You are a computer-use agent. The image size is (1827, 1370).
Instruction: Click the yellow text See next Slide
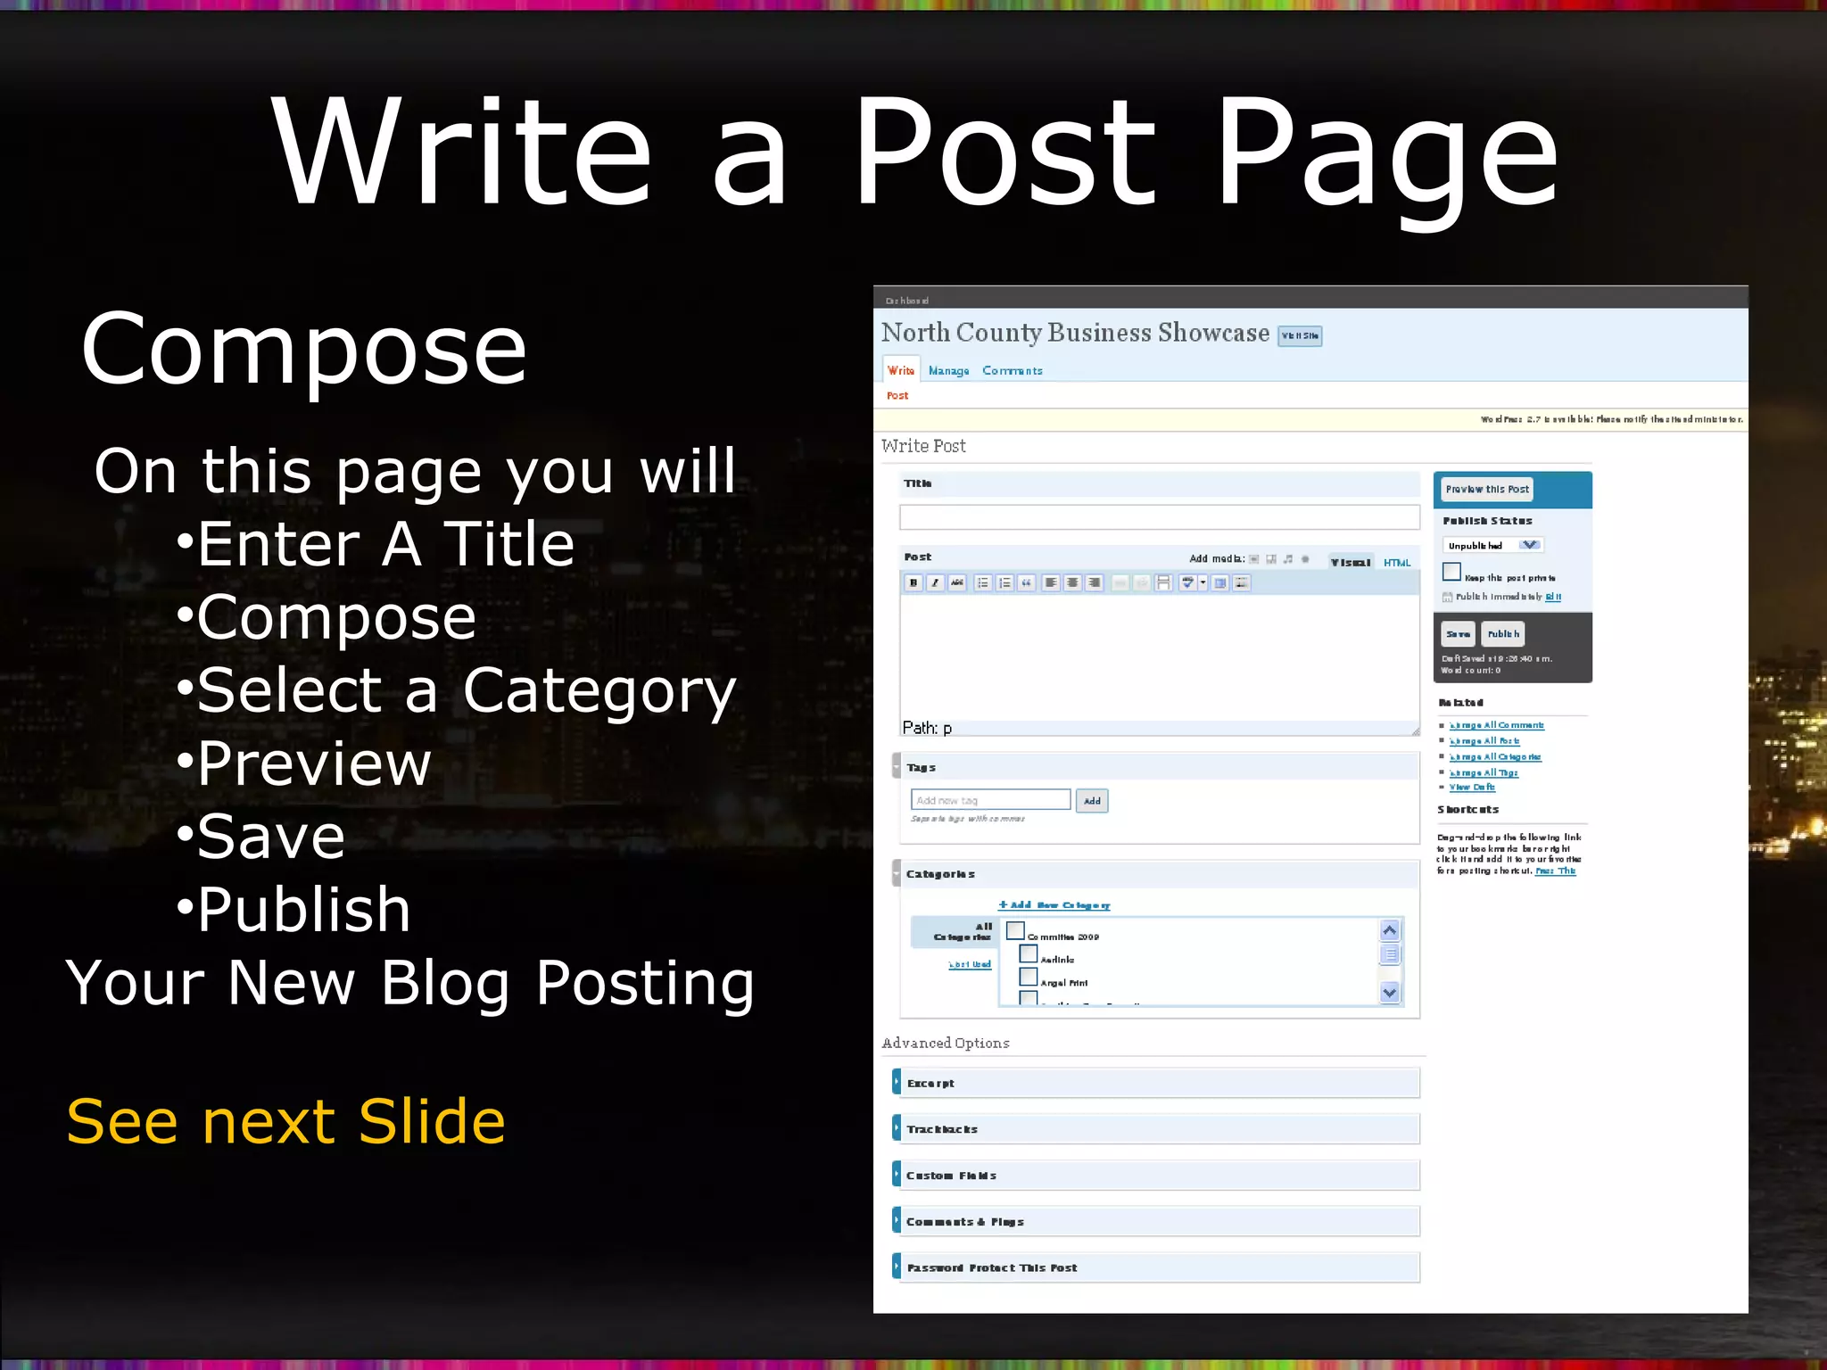tap(285, 1121)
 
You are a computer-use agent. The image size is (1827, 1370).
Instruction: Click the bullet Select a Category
tap(466, 690)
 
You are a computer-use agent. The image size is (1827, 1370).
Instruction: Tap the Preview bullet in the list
tap(313, 763)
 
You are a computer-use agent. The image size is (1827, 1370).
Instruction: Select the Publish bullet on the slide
tap(303, 910)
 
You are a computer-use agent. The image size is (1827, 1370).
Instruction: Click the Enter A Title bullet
tap(384, 544)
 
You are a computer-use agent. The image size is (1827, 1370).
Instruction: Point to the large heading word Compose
tap(304, 350)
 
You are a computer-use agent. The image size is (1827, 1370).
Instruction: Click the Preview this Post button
tap(1487, 490)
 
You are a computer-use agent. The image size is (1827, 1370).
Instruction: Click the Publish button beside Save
tap(1503, 634)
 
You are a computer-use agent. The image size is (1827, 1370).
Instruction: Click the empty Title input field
tap(1159, 517)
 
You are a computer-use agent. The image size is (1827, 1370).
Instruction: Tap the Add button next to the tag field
tap(1092, 801)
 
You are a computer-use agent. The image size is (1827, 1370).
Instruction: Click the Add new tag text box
tap(990, 800)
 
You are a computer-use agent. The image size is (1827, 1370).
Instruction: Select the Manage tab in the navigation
tap(948, 371)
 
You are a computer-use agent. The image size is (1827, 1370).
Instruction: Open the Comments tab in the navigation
tap(1013, 371)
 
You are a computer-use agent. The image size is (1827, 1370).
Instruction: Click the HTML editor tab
tap(1397, 563)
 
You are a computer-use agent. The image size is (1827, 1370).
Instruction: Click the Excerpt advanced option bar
tap(1156, 1083)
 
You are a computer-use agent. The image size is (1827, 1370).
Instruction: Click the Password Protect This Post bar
tap(1156, 1267)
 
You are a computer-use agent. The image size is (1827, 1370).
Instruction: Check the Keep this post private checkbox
tap(1451, 572)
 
